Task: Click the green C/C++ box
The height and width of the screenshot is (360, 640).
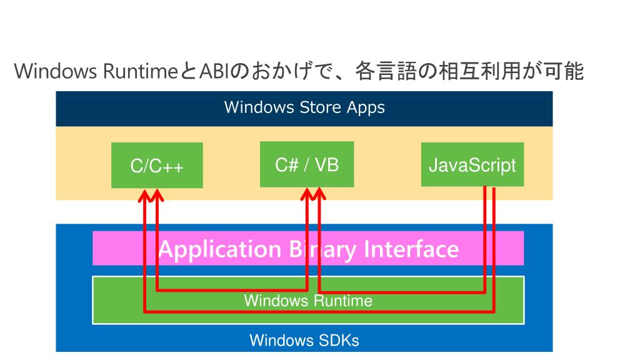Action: [x=157, y=165]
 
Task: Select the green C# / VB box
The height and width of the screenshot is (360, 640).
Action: [x=307, y=164]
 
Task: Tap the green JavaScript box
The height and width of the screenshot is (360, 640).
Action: [x=472, y=164]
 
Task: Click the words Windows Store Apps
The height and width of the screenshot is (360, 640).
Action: [x=304, y=107]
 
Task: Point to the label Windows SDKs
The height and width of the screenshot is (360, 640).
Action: [x=304, y=340]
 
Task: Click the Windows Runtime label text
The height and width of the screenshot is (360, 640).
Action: [x=308, y=301]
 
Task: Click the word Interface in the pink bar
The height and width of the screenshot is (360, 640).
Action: [x=411, y=249]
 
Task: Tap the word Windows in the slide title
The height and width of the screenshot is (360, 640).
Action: [x=56, y=71]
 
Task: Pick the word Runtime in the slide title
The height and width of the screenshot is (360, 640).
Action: [x=140, y=71]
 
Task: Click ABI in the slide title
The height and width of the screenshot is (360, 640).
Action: [x=215, y=71]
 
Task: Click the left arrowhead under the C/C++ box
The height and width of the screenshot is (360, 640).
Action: [x=144, y=196]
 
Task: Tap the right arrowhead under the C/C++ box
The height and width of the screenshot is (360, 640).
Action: [x=157, y=196]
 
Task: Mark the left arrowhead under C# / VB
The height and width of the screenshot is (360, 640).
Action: [x=307, y=194]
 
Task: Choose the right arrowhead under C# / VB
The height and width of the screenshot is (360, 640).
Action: [x=319, y=194]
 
